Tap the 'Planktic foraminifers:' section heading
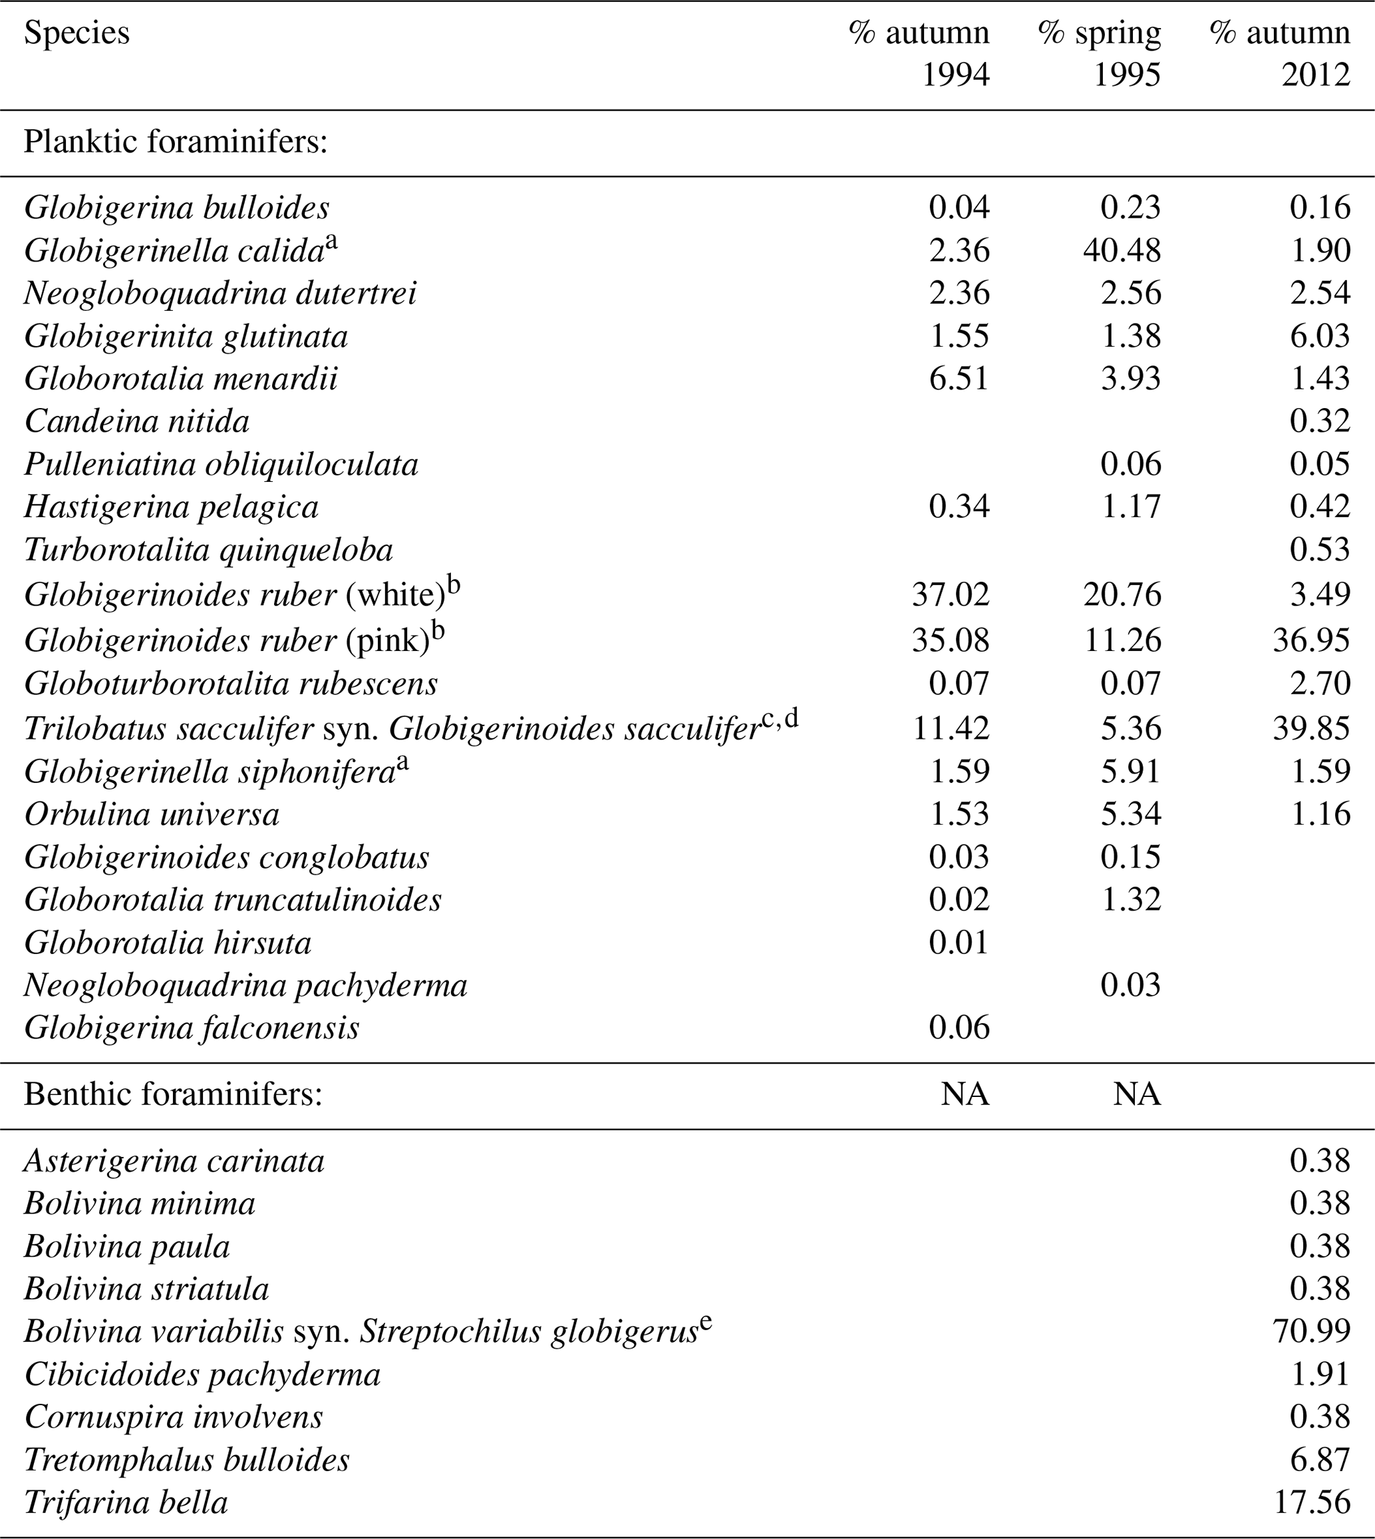(x=175, y=142)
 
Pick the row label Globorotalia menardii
(x=180, y=379)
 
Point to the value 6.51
(x=959, y=378)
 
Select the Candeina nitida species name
(x=137, y=422)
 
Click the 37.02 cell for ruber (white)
(x=950, y=594)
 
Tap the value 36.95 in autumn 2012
(x=1312, y=640)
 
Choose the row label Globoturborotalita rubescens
(x=230, y=684)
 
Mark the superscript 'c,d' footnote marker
(x=780, y=719)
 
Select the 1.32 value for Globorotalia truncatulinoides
(x=1130, y=899)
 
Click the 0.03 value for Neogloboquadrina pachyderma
(x=1130, y=986)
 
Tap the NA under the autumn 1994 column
(x=964, y=1094)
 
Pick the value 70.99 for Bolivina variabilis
(x=1312, y=1331)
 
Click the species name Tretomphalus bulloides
(x=187, y=1460)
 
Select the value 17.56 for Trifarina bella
(x=1312, y=1502)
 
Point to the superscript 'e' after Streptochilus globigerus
(x=706, y=1322)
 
